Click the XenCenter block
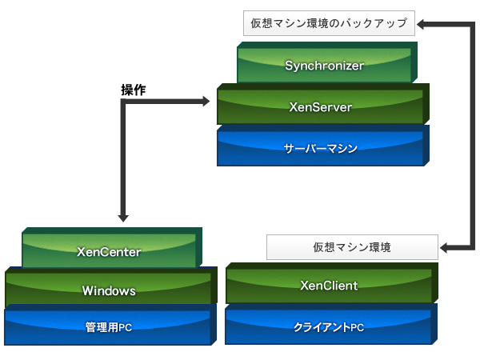(x=110, y=252)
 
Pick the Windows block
(x=110, y=290)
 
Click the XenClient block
(x=329, y=285)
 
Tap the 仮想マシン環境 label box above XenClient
(x=352, y=247)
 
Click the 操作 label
(x=132, y=90)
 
